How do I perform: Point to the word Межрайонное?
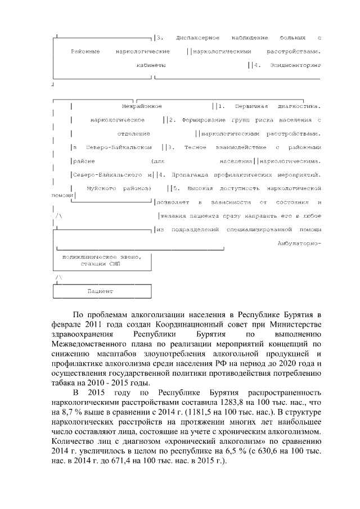(x=142, y=106)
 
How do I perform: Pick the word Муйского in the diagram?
(x=101, y=188)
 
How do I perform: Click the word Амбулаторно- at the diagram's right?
(x=299, y=242)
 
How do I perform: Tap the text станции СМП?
(x=101, y=263)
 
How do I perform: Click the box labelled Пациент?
(x=101, y=291)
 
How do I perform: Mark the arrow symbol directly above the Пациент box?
(x=58, y=278)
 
